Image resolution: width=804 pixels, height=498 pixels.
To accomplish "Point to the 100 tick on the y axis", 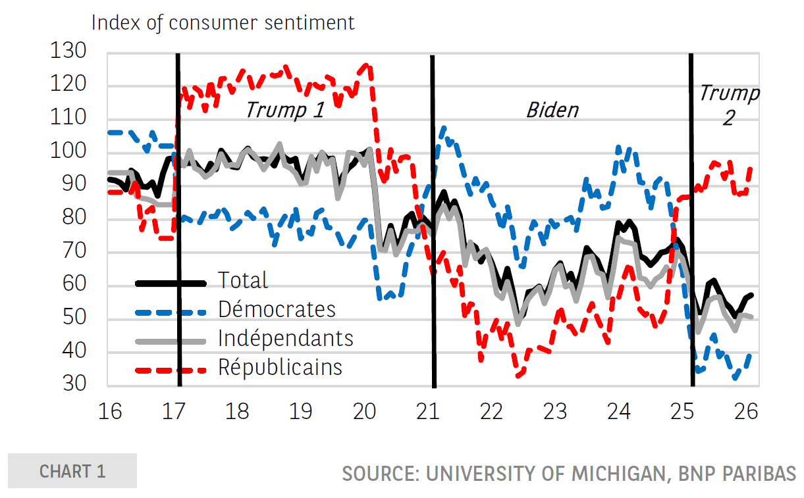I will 68,153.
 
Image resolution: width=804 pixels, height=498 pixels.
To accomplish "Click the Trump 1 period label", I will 284,109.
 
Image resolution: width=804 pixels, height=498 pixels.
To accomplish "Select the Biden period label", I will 552,109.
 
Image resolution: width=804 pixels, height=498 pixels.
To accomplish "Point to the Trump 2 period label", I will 728,105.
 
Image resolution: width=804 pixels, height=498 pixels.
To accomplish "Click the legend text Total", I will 243,280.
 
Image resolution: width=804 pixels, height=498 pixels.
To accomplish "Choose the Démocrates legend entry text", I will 277,309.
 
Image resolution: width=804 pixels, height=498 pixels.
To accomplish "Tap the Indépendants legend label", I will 286,338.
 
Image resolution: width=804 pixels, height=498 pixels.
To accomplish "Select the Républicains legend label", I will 280,367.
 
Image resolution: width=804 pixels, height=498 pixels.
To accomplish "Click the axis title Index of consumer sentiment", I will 223,22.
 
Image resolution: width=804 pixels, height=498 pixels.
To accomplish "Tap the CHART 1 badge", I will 72,471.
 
